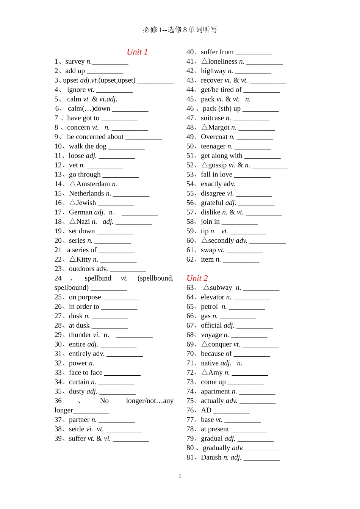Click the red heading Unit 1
[x=137, y=52]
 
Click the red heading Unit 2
[x=197, y=278]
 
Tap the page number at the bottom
[x=180, y=476]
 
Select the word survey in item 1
[x=75, y=61]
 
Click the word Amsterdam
[x=93, y=184]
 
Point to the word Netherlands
[x=86, y=194]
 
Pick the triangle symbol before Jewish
[x=73, y=203]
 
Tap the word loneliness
[x=222, y=61]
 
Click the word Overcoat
[x=214, y=137]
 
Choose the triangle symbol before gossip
[x=205, y=165]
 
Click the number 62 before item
[x=190, y=259]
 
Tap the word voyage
[x=211, y=335]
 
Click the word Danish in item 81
[x=211, y=457]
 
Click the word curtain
[x=79, y=382]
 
